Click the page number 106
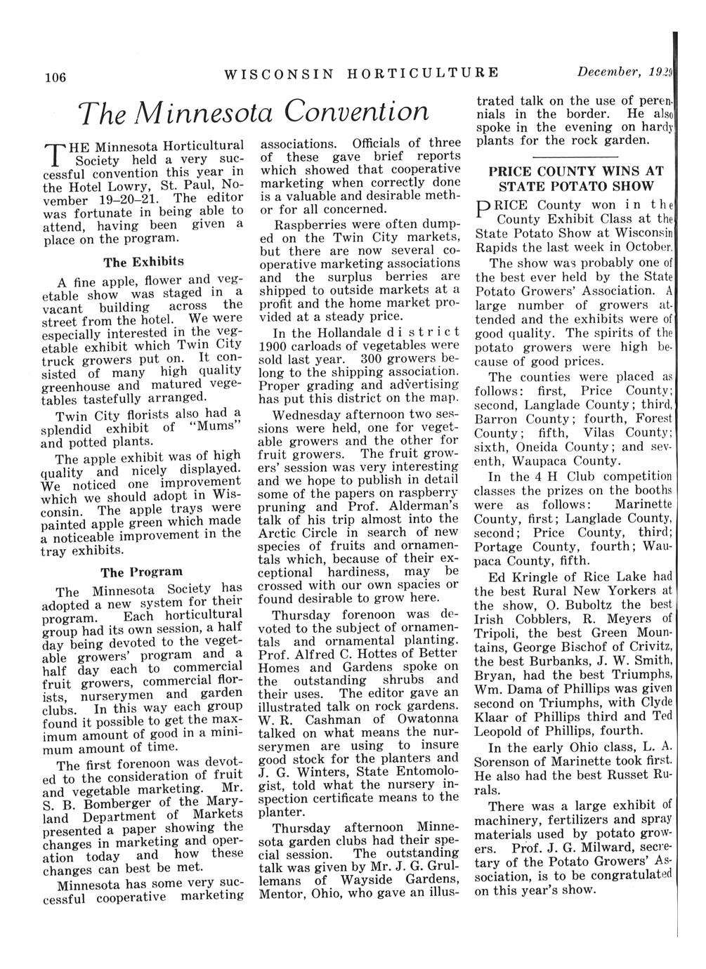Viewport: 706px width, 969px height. (53, 77)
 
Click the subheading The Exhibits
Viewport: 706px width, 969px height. (143, 262)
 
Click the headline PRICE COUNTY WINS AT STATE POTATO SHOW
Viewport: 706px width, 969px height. (575, 178)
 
